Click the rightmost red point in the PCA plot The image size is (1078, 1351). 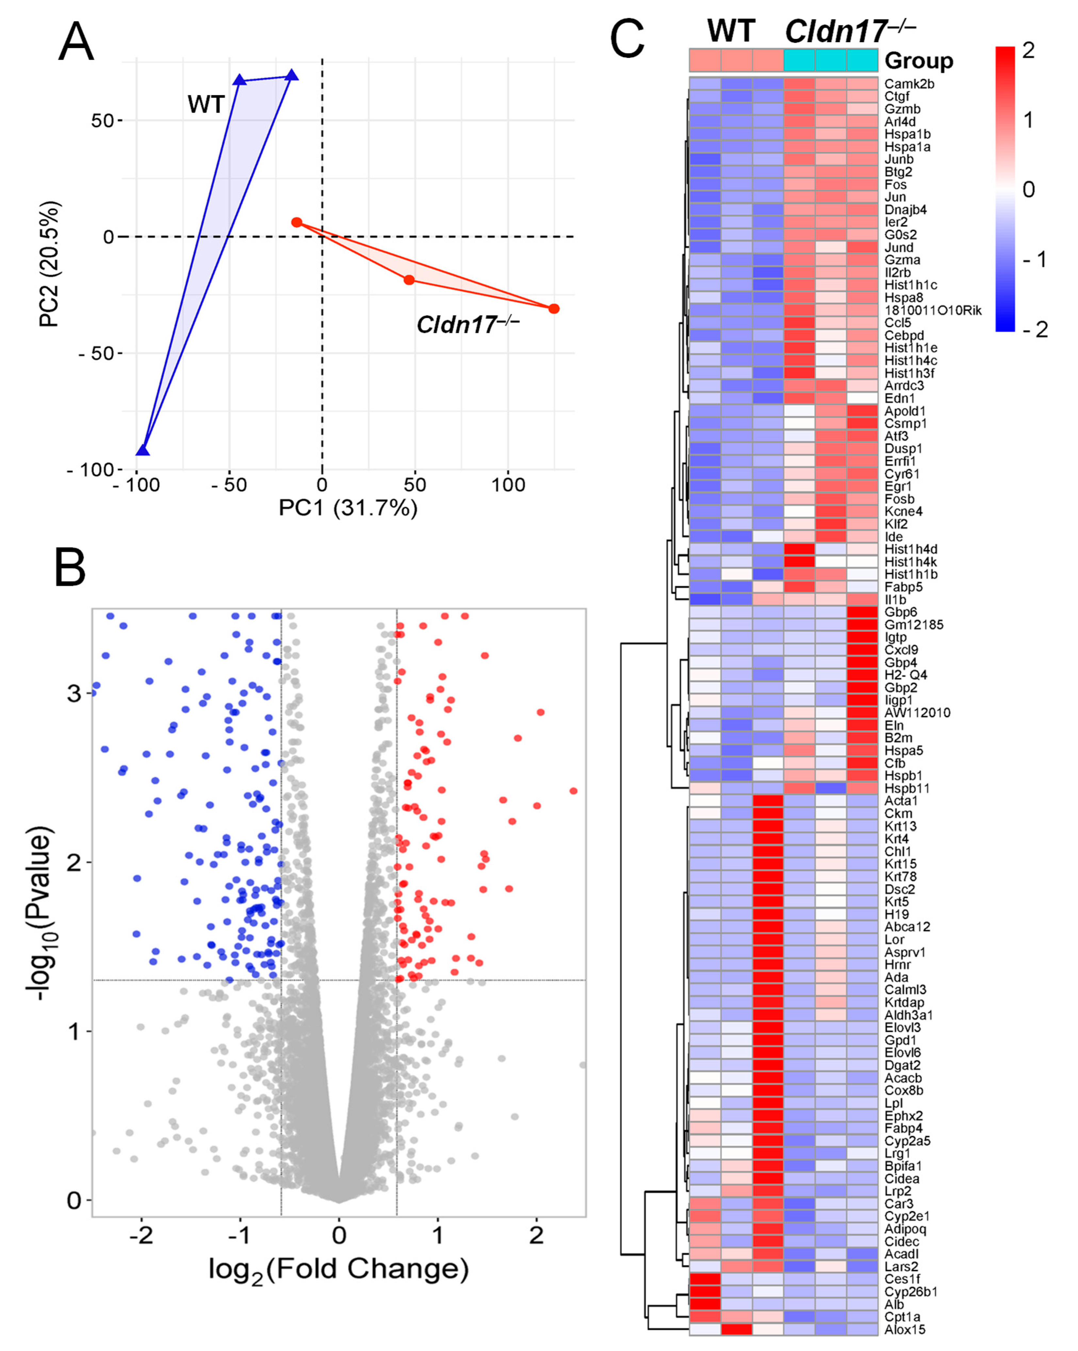click(554, 308)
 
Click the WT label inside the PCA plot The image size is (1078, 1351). click(206, 104)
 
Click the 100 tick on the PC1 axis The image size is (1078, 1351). click(507, 485)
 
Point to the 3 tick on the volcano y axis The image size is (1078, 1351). click(74, 693)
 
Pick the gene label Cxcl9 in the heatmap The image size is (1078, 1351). click(901, 650)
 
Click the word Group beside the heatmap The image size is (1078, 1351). click(918, 61)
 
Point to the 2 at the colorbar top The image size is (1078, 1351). click(1028, 50)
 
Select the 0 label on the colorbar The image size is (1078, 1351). click(1028, 189)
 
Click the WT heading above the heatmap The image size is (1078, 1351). click(731, 30)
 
